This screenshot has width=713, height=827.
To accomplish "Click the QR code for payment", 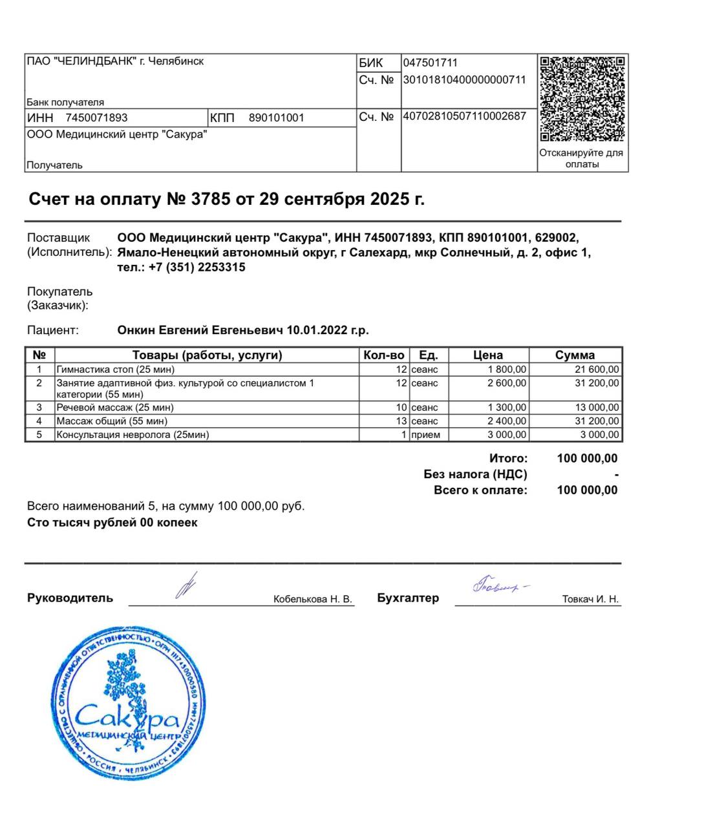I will point(582,99).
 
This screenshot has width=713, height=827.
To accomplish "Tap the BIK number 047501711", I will point(431,63).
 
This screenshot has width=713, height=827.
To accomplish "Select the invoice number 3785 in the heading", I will point(211,199).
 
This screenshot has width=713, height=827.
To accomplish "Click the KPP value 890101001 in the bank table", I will point(276,118).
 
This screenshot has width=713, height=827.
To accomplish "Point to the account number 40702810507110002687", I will point(464,116).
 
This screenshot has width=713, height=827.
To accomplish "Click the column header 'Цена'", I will point(488,355).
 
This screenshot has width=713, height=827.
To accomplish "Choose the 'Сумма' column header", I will point(575,355).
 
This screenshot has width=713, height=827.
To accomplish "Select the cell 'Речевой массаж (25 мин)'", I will point(115,408).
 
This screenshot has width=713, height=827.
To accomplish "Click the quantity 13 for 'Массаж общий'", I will point(401,421).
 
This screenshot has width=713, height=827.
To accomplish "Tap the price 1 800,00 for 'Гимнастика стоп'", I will point(507,370).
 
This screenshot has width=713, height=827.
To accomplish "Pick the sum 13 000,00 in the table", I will point(597,408).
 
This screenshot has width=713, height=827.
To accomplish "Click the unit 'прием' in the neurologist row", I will point(425,435).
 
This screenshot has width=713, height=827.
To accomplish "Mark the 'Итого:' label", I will point(508,458).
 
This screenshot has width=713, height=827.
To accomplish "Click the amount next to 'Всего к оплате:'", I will point(587,490).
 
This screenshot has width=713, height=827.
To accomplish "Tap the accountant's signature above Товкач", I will point(498,585).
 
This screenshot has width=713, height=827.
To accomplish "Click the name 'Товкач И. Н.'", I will point(590,600).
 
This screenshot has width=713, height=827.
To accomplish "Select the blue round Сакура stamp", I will point(128,703).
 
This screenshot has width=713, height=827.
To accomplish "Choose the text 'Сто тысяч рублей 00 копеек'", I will point(112,523).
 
